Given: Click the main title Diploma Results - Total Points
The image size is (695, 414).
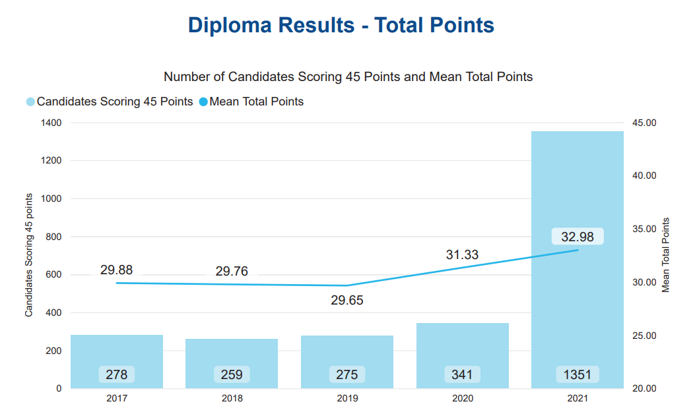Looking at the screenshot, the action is coord(341,25).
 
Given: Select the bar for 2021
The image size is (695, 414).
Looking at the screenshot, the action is coord(578,260).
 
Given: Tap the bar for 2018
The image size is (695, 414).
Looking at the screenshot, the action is coord(232,363).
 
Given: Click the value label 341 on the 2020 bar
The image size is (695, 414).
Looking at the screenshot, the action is coord(462,374).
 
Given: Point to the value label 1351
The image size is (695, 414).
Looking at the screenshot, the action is coord(577,374).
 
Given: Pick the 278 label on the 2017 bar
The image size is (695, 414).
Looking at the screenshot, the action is coord(117,374).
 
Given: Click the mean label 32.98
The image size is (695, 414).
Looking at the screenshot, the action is coord(577,237).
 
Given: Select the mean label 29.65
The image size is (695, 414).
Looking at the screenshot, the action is coord(347,300).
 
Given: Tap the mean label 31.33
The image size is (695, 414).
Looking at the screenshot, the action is coord(462,254).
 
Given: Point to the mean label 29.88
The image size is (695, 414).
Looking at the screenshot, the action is coord(116,270).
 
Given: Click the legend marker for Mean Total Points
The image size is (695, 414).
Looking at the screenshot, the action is coord(203,102).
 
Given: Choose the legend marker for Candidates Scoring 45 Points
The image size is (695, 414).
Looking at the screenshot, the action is coord(30,102).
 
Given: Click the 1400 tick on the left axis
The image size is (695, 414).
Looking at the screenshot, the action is coord(51,123).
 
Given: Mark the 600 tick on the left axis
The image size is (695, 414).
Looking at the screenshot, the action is coord(53,274).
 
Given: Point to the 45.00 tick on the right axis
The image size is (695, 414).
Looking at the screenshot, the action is coord(644,123).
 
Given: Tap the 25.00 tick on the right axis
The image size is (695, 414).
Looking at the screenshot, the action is coord(644,336).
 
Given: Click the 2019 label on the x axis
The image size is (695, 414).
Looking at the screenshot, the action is coord(347,398).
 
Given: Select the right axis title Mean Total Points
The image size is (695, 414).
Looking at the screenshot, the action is coord(665,255).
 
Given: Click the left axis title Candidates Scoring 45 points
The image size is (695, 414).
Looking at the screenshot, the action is coord(29,255).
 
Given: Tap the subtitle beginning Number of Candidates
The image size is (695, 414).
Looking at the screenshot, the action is coord(348,76).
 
